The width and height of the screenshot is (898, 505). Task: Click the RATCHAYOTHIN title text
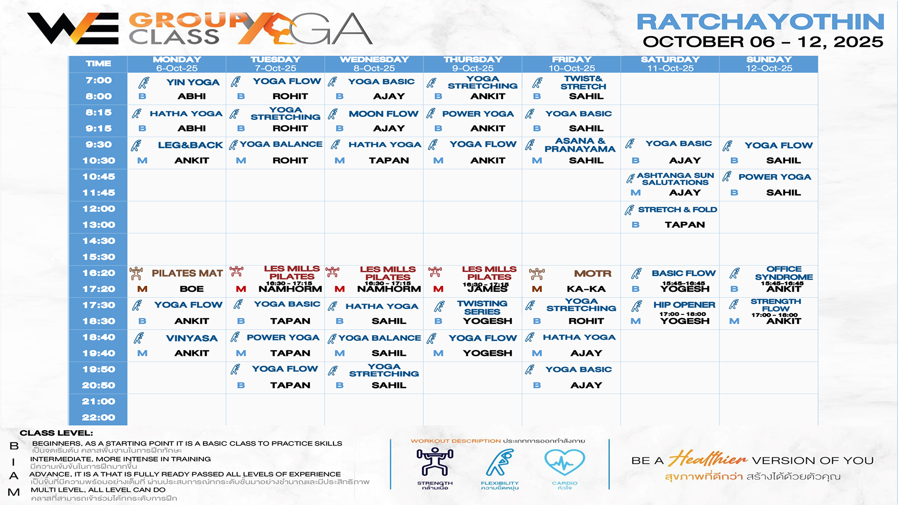(x=760, y=22)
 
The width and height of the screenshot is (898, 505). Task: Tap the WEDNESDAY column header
(x=374, y=60)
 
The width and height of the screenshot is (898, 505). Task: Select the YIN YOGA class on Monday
(x=193, y=82)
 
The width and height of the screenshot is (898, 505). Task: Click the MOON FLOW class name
(x=383, y=114)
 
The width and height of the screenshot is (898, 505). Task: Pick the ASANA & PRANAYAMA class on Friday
(x=579, y=145)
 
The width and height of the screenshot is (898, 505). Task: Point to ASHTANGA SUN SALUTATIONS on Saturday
(x=675, y=179)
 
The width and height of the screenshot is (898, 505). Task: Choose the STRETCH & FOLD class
(x=677, y=209)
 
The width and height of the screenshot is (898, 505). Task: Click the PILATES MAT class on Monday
(x=187, y=273)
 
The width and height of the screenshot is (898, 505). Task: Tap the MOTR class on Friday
(x=593, y=274)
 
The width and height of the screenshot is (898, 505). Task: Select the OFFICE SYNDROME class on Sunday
(x=784, y=273)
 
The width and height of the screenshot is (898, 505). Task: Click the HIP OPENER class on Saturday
(x=684, y=305)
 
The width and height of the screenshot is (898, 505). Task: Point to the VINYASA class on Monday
(x=192, y=338)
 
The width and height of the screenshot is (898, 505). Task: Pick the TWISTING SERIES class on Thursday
(x=482, y=307)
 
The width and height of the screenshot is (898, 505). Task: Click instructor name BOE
(x=192, y=289)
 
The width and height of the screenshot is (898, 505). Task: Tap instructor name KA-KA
(x=586, y=289)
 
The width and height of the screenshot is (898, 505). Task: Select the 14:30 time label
(x=99, y=241)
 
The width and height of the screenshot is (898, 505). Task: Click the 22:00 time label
(x=99, y=417)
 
